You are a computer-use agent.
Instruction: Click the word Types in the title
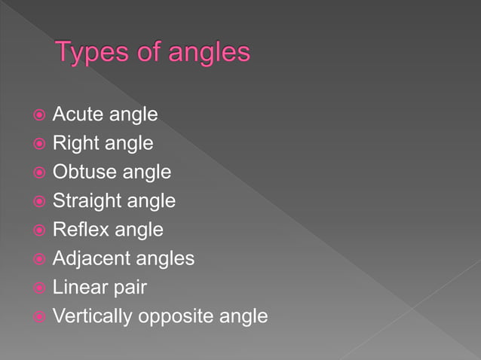coord(94,53)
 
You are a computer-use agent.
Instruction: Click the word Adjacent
coord(90,258)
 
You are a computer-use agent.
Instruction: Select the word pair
coord(129,288)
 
